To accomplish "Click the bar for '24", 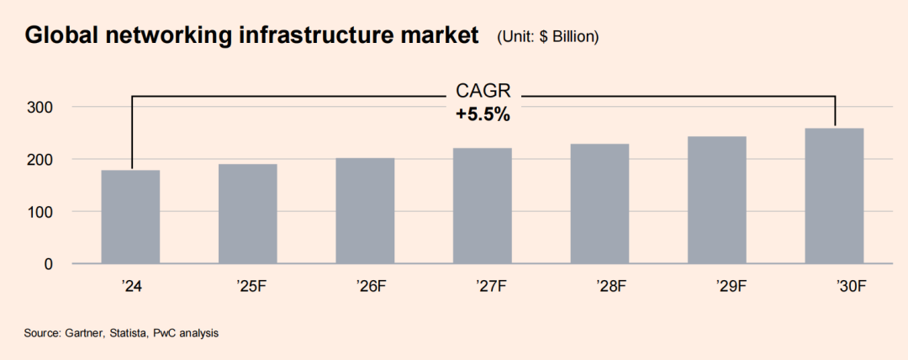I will [130, 217].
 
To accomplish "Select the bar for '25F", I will [247, 214].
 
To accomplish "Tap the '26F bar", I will [365, 211].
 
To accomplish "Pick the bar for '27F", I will [482, 206].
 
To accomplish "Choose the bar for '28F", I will [599, 204].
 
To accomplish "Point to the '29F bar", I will [716, 200].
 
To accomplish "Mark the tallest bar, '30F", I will [834, 196].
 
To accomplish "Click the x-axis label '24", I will [130, 287].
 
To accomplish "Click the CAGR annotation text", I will [483, 91].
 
